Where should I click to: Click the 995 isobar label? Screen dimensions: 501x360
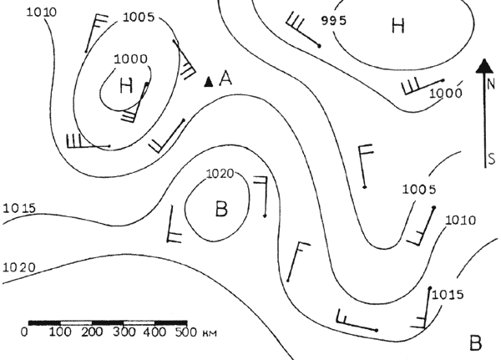333,21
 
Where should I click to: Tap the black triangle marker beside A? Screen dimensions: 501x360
209,82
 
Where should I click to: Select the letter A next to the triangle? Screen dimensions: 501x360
225,79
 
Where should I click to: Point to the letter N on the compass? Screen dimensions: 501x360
491,85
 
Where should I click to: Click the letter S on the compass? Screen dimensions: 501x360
492,159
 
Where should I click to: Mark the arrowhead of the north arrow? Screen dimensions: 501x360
485,66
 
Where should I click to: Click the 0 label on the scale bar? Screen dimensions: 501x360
24,332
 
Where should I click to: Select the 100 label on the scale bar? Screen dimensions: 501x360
60,332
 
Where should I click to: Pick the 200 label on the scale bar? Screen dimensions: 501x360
92,332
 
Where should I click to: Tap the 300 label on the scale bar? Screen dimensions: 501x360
124,332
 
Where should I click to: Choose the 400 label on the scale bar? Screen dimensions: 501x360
154,332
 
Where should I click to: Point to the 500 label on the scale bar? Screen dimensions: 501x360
186,332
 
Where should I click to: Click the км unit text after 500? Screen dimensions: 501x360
210,333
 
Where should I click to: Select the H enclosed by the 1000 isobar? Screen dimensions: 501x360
126,86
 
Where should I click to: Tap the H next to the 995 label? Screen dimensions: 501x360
398,26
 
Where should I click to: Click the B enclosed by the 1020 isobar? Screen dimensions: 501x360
221,209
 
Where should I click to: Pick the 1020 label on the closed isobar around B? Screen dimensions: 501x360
220,174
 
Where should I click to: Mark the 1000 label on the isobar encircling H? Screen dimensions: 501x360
131,59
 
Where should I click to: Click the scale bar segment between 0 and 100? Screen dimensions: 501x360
44,322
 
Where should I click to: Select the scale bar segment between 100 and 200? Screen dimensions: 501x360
76,322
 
